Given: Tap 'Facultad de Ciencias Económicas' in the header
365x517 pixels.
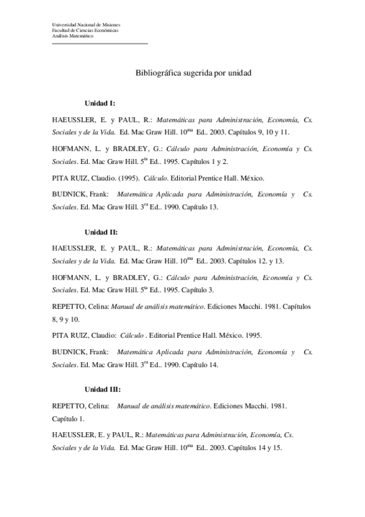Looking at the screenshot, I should point(85,30).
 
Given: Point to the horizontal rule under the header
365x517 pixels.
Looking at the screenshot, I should point(100,43).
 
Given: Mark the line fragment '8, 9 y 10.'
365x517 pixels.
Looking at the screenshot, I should point(65,319).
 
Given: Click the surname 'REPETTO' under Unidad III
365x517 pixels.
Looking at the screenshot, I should point(69,405).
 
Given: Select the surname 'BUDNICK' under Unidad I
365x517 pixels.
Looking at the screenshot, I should point(69,194).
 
